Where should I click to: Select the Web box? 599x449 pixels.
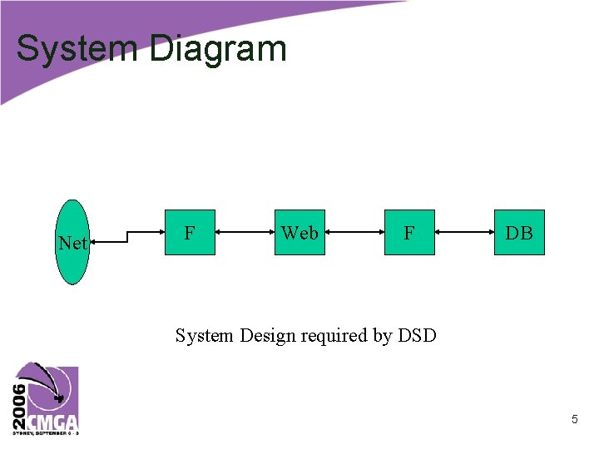pos(299,233)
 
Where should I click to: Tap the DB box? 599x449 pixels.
pos(519,233)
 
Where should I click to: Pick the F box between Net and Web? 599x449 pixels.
pos(190,233)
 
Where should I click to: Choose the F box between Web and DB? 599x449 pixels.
pos(409,233)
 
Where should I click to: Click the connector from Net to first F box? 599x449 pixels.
pos(126,237)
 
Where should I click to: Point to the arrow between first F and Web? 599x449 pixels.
pos(245,232)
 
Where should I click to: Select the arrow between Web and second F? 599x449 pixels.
pos(354,232)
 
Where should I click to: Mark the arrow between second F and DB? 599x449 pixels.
pos(464,232)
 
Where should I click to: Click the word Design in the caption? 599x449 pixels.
pos(268,336)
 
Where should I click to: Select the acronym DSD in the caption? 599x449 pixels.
pos(417,336)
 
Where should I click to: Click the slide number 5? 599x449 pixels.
pos(574,420)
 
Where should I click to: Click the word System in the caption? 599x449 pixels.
pos(205,336)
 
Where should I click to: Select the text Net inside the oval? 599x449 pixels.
pos(72,244)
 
